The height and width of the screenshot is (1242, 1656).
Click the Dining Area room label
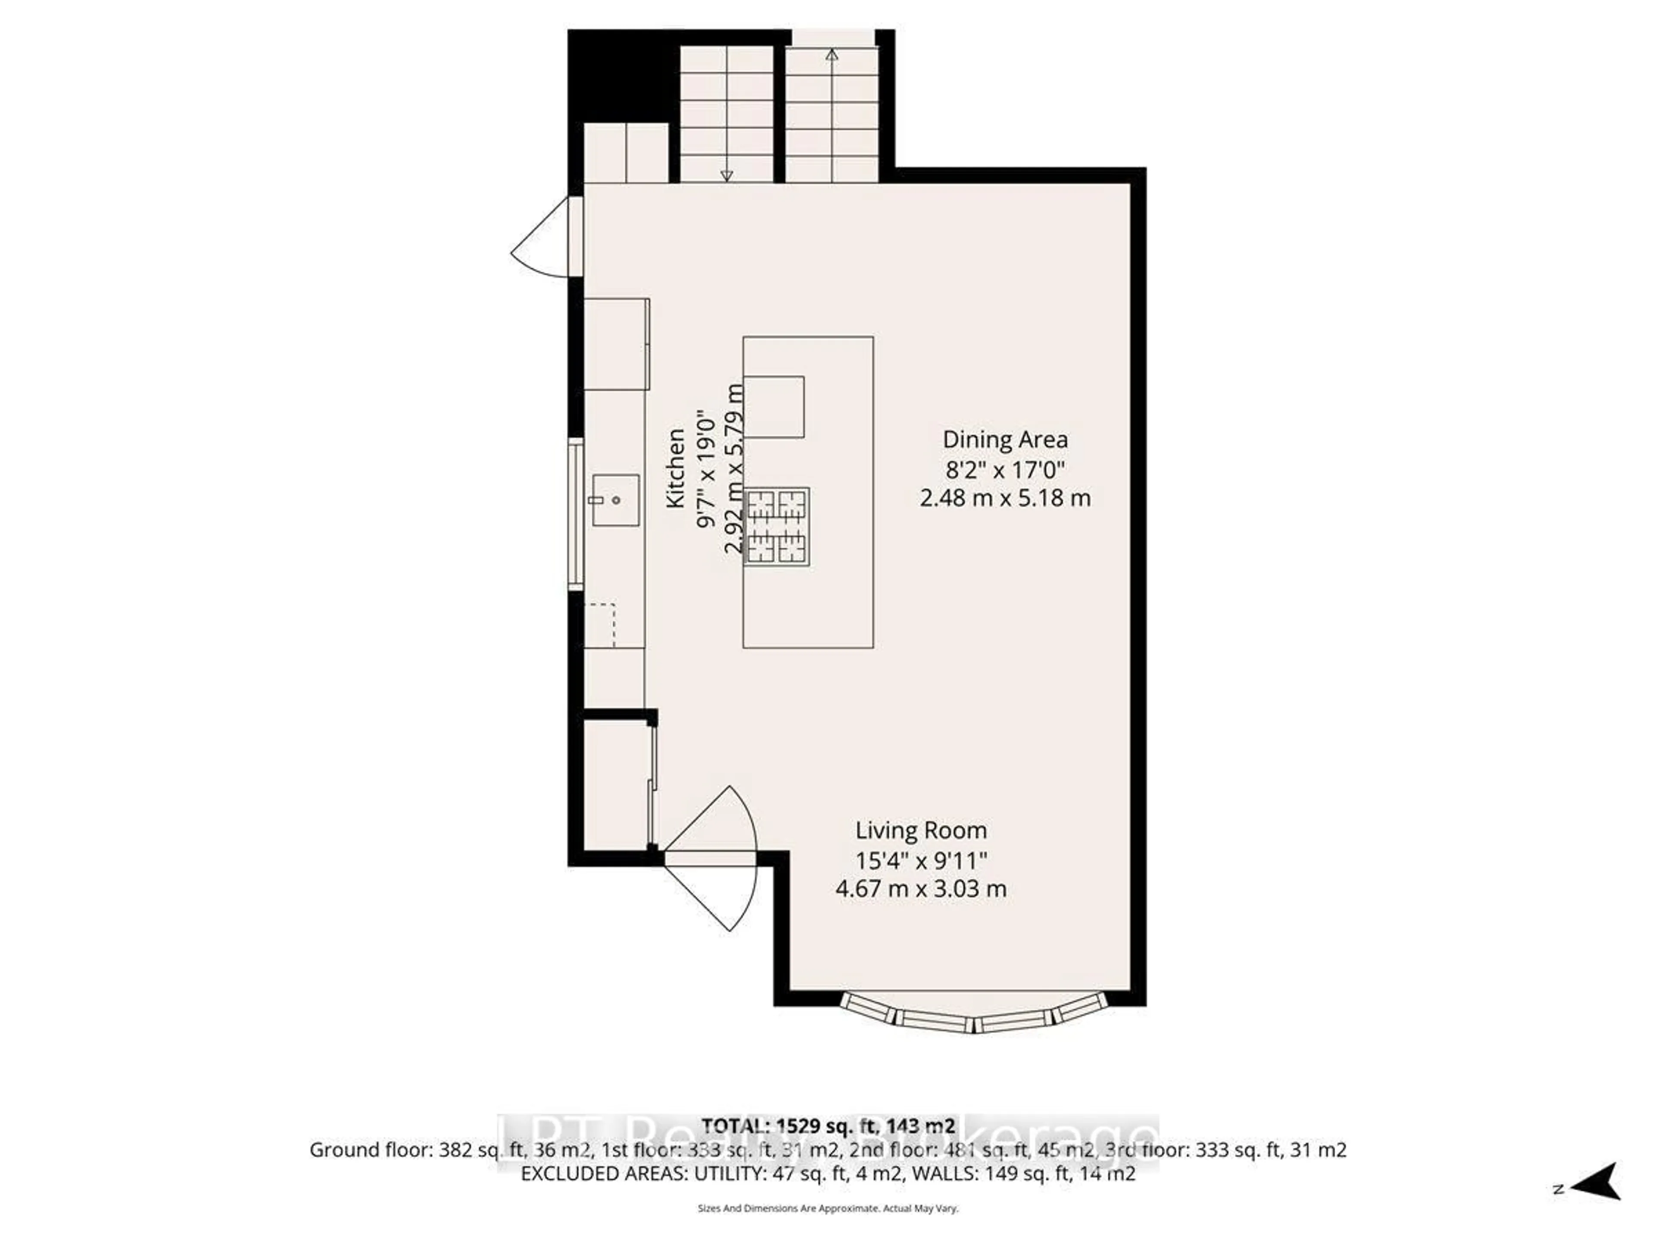[x=1005, y=439]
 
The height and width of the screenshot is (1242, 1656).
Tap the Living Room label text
[x=921, y=830]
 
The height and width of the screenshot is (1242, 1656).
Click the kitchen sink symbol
[x=615, y=500]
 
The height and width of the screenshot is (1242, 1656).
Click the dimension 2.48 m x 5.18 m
[x=1005, y=498]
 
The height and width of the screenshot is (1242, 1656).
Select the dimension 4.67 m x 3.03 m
[x=921, y=889]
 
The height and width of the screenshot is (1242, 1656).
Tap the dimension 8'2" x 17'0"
[x=1005, y=469]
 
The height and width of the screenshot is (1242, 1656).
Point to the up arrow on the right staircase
[x=832, y=55]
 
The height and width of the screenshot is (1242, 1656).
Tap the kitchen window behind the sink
[x=575, y=514]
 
